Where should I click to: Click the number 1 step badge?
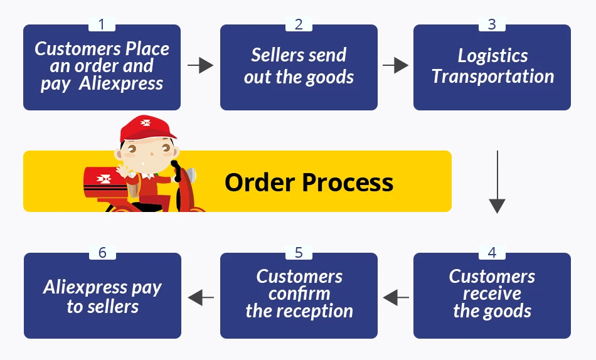[102, 24]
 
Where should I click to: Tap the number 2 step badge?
[299, 24]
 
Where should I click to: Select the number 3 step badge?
[491, 24]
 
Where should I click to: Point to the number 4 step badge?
[491, 253]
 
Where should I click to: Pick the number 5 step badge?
[299, 253]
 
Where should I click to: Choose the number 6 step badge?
[102, 253]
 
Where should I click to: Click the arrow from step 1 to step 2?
[200, 65]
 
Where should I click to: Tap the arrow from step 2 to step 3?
[395, 65]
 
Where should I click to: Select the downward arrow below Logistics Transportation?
[497, 182]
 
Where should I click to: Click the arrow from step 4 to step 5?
[395, 297]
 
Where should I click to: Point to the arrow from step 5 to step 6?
[200, 297]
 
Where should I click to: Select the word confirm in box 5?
[299, 294]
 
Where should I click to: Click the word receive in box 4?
[492, 294]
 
